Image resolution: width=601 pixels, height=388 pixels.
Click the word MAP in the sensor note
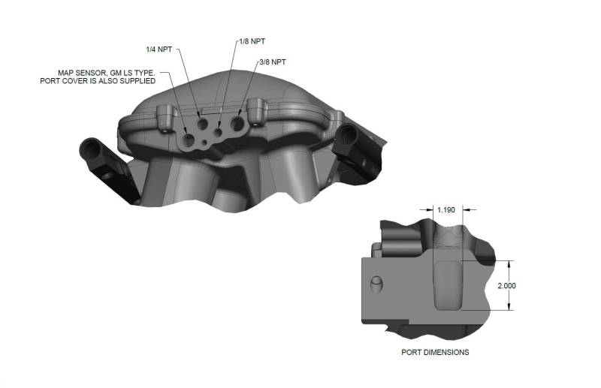[x=68, y=73]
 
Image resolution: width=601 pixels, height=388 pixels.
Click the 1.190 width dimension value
[x=447, y=210]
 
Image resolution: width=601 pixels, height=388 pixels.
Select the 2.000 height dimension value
[x=508, y=286]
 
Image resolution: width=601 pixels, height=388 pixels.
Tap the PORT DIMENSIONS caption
[x=436, y=352]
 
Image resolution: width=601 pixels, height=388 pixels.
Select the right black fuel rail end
[x=347, y=136]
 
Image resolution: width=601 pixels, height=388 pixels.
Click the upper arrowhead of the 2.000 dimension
[x=510, y=263]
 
